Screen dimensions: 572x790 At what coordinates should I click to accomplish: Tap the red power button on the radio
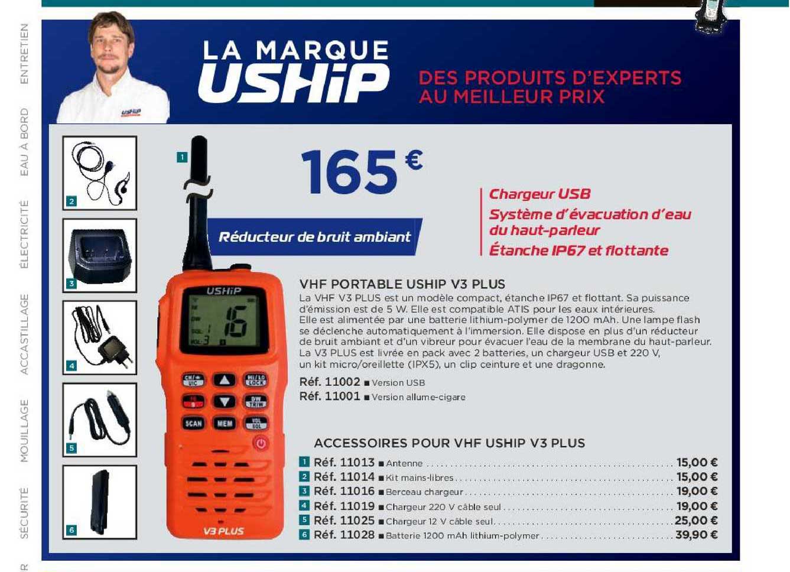[261, 443]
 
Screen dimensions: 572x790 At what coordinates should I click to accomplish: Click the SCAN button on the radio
[194, 423]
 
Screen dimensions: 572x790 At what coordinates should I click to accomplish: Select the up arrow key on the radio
[224, 380]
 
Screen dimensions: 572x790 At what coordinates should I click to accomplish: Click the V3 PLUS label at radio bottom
[223, 531]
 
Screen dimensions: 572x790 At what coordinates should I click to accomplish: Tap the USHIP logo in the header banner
[294, 83]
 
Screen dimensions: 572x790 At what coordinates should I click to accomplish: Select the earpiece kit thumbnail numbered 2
[100, 173]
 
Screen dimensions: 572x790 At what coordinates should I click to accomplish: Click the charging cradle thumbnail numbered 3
[100, 255]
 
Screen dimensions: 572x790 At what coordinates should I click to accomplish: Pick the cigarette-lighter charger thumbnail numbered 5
[100, 419]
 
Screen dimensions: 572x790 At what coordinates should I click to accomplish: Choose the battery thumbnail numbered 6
[100, 501]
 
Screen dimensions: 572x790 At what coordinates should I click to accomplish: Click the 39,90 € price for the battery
[697, 535]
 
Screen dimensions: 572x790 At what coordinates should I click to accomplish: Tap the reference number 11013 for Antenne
[344, 463]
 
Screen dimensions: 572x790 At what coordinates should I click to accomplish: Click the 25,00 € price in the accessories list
[697, 521]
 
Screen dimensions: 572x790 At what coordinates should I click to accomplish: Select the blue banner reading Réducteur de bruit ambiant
[314, 237]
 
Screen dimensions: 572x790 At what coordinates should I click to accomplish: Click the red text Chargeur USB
[539, 194]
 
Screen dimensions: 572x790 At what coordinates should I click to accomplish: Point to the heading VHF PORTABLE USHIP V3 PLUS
[402, 284]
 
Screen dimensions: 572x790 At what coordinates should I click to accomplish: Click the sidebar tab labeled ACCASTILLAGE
[24, 334]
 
